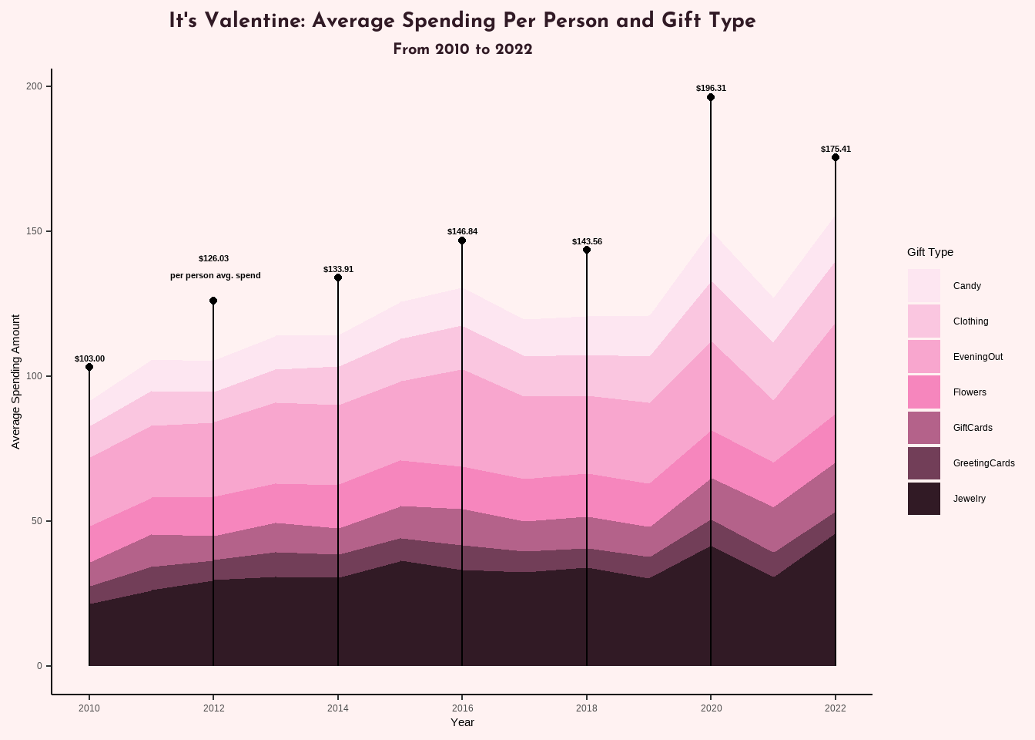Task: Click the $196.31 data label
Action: (x=711, y=88)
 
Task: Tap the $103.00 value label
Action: (x=89, y=358)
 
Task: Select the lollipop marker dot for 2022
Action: (x=836, y=157)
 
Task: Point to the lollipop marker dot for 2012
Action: (x=213, y=301)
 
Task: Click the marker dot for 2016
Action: (x=462, y=240)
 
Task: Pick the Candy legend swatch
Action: (x=923, y=285)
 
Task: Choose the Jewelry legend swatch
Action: (x=923, y=499)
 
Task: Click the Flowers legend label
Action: (x=970, y=392)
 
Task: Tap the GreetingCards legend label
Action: (x=983, y=463)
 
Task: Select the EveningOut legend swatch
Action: (x=923, y=357)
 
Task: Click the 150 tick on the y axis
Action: (x=34, y=231)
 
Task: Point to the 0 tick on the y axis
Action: (x=39, y=666)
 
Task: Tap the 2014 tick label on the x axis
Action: (x=338, y=708)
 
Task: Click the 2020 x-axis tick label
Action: (x=711, y=708)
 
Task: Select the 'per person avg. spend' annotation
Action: (x=216, y=275)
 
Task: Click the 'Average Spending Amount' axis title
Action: (x=16, y=381)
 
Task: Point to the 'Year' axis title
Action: (x=462, y=722)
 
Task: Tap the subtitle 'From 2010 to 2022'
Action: (x=462, y=49)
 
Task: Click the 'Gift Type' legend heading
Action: (x=929, y=252)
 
